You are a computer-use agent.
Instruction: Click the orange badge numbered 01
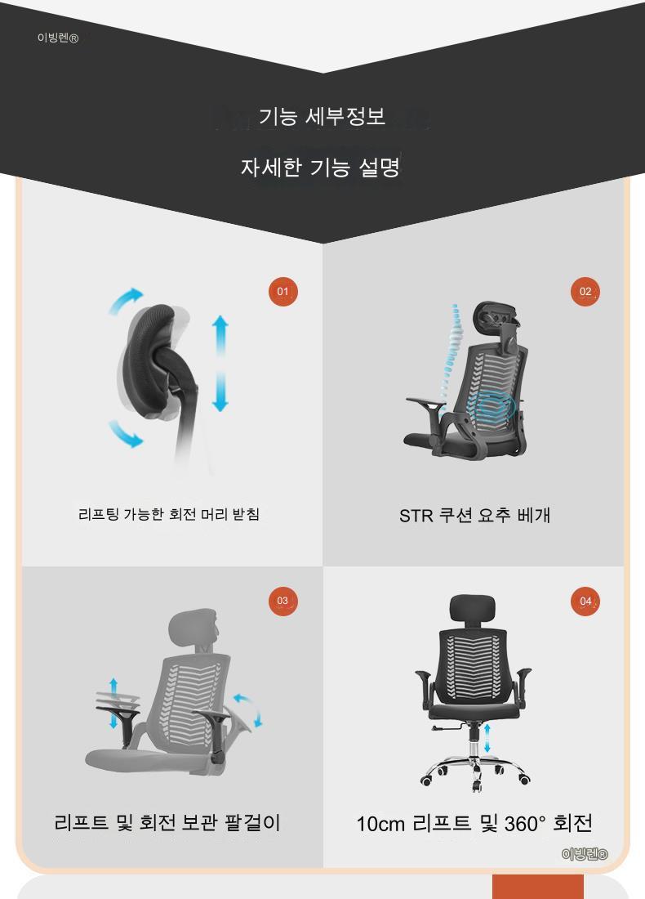283,291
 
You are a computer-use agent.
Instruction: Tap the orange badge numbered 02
585,291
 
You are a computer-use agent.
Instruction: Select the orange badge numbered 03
283,601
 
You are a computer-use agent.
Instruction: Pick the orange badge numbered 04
585,601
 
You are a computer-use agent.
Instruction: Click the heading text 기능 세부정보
322,116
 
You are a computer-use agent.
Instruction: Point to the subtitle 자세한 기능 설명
320,167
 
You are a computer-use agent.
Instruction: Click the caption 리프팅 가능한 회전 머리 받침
169,514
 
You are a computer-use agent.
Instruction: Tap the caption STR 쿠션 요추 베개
475,515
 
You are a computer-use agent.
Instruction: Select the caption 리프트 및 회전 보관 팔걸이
167,822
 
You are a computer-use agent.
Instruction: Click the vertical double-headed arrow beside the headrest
220,363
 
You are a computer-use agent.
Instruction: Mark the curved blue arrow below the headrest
125,435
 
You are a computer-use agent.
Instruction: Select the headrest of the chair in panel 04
473,608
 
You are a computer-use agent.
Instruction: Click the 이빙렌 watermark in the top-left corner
58,38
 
